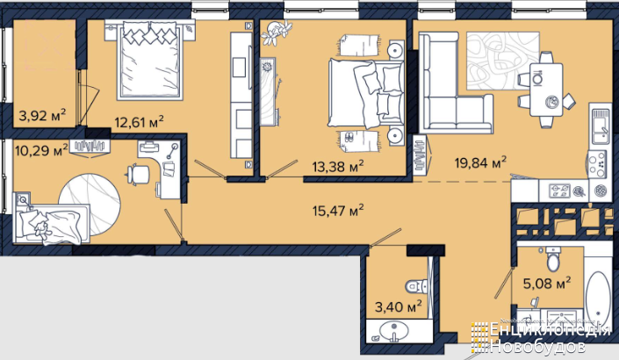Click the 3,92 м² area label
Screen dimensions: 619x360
click(x=42, y=116)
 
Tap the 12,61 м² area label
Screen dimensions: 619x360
click(x=139, y=121)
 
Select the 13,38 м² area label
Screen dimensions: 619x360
click(x=338, y=167)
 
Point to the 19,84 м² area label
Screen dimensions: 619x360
click(x=480, y=162)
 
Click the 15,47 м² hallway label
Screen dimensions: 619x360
click(x=338, y=211)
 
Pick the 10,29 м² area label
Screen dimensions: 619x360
click(x=41, y=150)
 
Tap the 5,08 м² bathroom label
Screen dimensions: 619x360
click(x=547, y=283)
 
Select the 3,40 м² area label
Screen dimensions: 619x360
click(x=399, y=306)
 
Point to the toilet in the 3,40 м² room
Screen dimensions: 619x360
click(x=417, y=286)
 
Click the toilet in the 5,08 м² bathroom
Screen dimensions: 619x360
click(x=553, y=258)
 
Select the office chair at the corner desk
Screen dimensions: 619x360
click(x=138, y=174)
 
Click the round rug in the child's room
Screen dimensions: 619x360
click(x=90, y=205)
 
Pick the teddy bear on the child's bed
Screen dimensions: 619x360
click(x=41, y=229)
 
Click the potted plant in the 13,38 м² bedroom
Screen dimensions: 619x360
click(x=277, y=32)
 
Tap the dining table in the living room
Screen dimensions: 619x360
click(x=546, y=90)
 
